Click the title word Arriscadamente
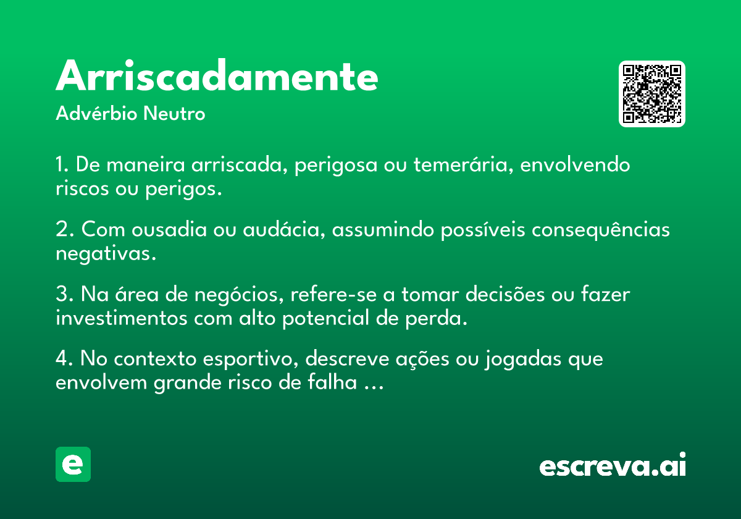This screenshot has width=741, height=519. coord(217,75)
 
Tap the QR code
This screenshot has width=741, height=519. coord(651,94)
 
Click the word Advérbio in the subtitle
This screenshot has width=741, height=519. coord(96,113)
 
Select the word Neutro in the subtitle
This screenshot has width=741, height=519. coord(174,114)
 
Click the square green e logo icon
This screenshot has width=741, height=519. coord(73,464)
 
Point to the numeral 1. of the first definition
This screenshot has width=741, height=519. coord(62,164)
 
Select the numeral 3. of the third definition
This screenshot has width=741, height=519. coord(65,293)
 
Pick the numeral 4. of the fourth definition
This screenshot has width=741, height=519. coord(64,358)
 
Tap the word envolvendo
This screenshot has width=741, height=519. coord(575,164)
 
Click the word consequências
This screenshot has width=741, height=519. coord(601,230)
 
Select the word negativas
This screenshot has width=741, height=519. coord(106,254)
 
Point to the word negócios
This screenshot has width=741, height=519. coord(239,294)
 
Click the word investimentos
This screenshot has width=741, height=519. coord(122,318)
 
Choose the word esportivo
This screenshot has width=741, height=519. coord(251,359)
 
